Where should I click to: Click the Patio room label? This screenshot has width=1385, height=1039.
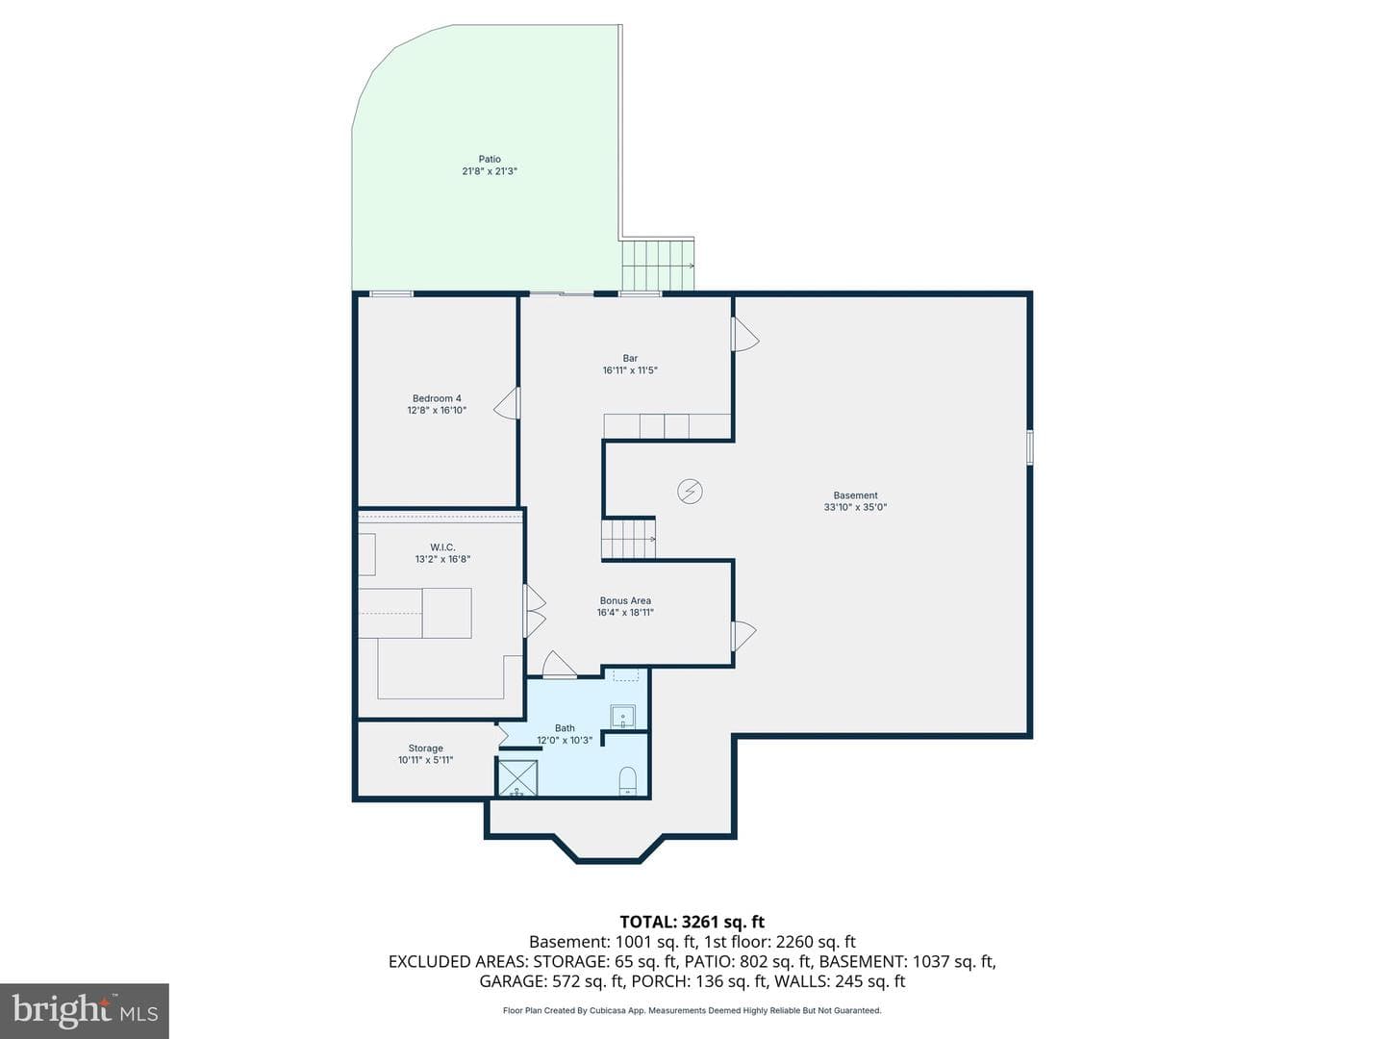tap(489, 159)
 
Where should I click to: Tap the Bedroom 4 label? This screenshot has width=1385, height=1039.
tap(437, 398)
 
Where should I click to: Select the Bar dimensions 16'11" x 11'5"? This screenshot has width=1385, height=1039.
tap(630, 370)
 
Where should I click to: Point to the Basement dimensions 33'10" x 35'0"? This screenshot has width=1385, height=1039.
tap(855, 507)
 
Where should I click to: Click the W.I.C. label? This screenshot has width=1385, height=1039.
tap(442, 547)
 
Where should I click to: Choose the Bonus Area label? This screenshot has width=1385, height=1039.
tap(624, 600)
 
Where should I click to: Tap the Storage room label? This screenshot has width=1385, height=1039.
tap(425, 748)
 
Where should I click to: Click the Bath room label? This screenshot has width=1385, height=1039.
tap(564, 728)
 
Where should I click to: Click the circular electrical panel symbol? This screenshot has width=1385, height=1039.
tap(690, 491)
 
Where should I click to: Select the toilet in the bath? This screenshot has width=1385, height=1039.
tap(627, 780)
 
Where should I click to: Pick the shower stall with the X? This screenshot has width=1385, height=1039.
tap(518, 778)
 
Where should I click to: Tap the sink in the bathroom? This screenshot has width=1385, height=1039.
tap(623, 717)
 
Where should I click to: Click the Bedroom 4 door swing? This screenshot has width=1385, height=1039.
tap(507, 403)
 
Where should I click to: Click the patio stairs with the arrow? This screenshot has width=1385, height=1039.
tap(658, 265)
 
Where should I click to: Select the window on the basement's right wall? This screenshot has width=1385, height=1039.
tap(1029, 447)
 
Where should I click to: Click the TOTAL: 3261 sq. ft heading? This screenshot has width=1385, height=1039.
tap(692, 922)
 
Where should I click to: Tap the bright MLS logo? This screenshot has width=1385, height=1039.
tap(85, 1010)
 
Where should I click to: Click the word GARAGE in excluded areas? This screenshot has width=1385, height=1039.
tap(513, 981)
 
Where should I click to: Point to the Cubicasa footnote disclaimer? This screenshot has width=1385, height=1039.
tap(692, 1010)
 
